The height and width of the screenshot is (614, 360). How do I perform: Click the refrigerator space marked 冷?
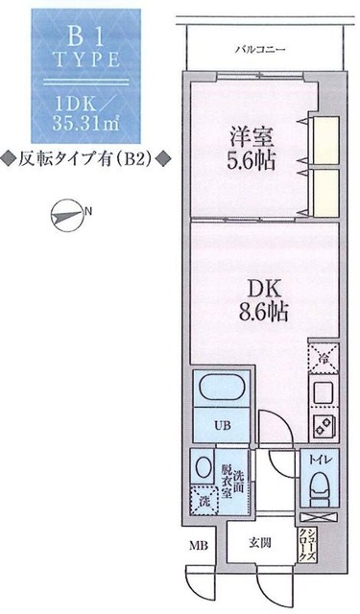[324, 360]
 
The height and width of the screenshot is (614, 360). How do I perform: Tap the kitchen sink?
[324, 391]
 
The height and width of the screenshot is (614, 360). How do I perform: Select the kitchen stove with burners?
[324, 425]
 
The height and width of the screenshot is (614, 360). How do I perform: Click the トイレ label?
[317, 461]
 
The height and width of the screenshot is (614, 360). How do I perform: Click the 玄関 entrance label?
[258, 544]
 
